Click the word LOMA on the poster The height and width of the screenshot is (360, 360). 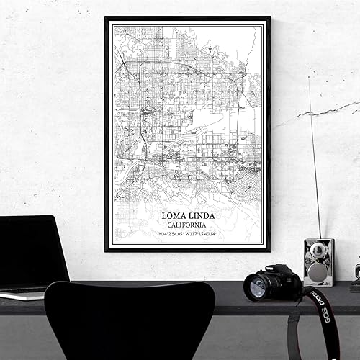[x=174, y=216]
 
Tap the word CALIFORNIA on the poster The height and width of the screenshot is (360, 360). [x=187, y=225]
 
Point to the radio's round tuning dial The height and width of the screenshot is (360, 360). [x=318, y=251]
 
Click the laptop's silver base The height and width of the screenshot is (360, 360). [x=22, y=293]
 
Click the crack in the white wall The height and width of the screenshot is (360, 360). [x=324, y=112]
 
